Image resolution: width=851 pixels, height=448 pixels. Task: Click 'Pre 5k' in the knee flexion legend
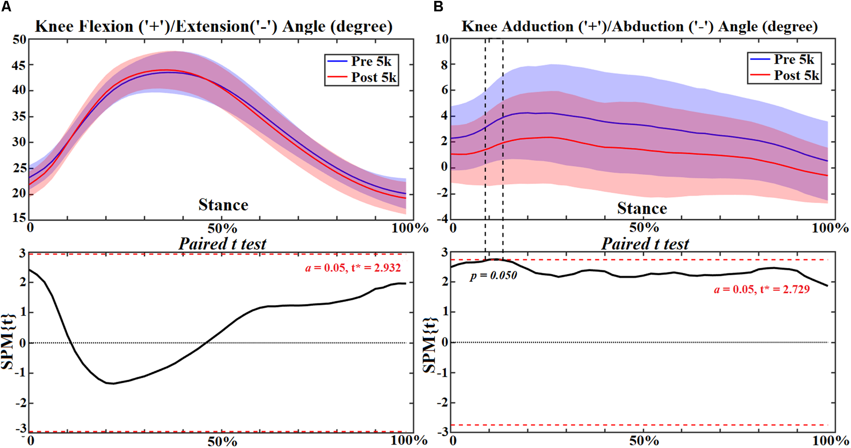(x=371, y=62)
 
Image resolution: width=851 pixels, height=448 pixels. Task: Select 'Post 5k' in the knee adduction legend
(x=796, y=76)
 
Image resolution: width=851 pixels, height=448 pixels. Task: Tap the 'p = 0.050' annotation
(x=493, y=276)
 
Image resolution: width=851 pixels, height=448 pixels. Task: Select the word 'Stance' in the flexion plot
(x=223, y=205)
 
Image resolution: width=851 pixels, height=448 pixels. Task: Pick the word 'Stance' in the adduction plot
(x=642, y=208)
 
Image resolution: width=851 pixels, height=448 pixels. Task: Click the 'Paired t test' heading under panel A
(x=222, y=244)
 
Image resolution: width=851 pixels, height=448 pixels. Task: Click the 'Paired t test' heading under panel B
(x=645, y=244)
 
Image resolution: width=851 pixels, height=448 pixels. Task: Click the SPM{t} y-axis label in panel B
(x=430, y=345)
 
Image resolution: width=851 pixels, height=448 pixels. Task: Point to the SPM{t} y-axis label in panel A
(x=8, y=341)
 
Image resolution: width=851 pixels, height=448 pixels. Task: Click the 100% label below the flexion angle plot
(x=409, y=228)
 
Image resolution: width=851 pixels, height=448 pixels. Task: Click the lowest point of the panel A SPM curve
(x=113, y=383)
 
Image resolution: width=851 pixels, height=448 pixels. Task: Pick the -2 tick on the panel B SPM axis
(x=443, y=403)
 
